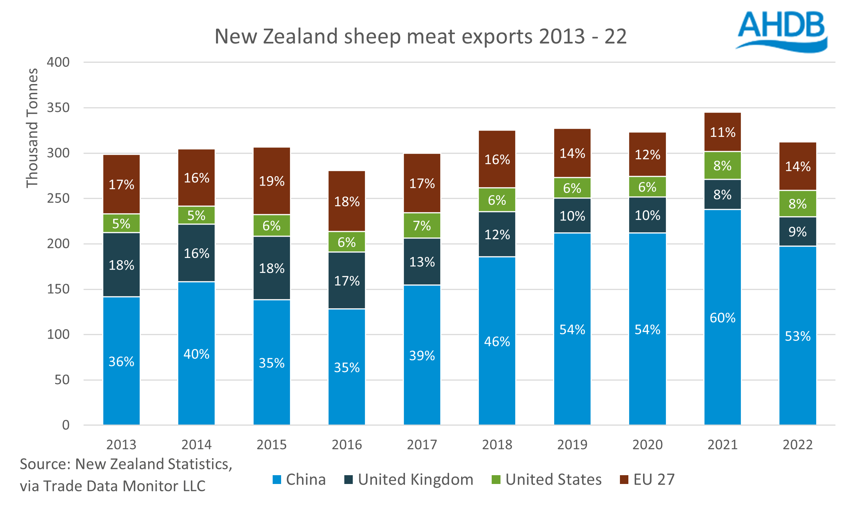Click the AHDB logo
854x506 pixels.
782,31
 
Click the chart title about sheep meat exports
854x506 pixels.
420,36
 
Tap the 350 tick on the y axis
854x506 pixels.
58,108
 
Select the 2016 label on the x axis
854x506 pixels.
347,445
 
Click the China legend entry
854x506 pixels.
299,480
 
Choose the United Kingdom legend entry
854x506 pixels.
409,480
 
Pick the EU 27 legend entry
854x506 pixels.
647,480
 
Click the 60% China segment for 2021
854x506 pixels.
722,317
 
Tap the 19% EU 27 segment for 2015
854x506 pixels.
272,181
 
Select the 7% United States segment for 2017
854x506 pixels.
422,225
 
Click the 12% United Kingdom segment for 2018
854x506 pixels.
497,234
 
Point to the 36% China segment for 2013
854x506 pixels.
121,361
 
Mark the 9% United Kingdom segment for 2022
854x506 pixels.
797,232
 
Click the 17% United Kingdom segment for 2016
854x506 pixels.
347,281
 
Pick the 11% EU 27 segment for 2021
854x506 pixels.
722,132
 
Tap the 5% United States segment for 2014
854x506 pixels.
196,215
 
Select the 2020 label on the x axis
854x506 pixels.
647,445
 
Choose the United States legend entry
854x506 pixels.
547,480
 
